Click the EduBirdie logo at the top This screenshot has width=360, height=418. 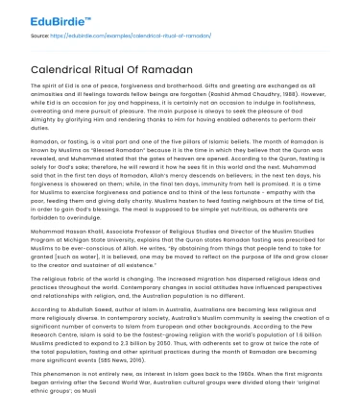(x=44, y=16)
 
